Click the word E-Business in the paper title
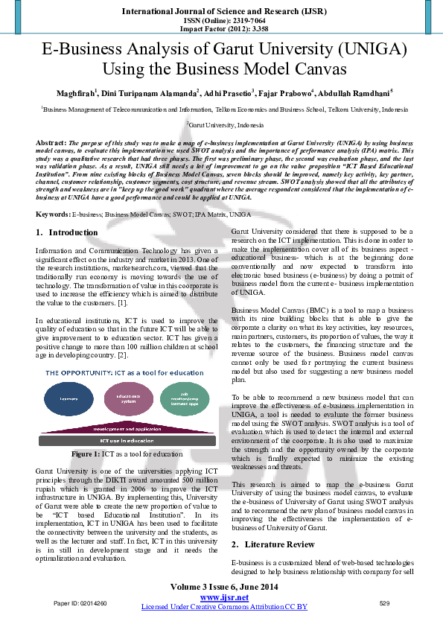point(89,51)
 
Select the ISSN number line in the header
point(221,22)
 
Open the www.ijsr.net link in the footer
point(221,597)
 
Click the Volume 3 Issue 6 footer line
point(221,587)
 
